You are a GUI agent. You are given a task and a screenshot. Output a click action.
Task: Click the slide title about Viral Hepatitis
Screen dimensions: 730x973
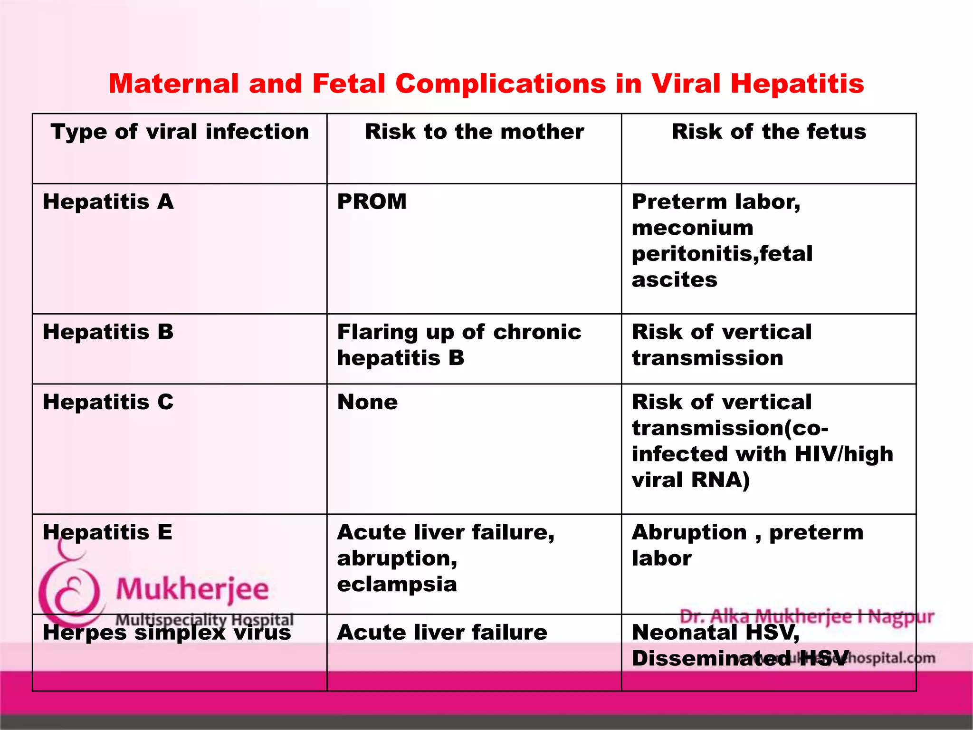click(x=486, y=84)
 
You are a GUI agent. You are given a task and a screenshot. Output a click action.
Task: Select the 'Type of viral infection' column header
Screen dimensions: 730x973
click(x=180, y=132)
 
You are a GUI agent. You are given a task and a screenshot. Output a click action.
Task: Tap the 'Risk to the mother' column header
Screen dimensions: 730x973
click(x=474, y=132)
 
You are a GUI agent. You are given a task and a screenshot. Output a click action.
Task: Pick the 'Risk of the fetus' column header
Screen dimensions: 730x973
click(x=769, y=132)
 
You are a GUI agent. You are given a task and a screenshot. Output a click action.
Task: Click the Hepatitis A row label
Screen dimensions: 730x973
click(x=108, y=202)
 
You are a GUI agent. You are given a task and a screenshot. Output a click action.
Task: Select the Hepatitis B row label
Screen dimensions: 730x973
click(x=108, y=332)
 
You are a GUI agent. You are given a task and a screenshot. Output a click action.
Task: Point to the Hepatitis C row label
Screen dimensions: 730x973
click(x=108, y=402)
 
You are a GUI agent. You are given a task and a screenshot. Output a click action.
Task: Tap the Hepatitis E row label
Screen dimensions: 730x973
click(x=108, y=532)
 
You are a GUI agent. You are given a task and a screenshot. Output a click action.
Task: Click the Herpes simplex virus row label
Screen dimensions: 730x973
click(x=167, y=633)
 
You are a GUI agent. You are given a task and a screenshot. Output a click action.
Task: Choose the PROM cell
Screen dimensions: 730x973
click(x=372, y=202)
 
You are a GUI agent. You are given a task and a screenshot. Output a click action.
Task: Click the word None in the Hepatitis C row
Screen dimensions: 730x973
click(x=367, y=402)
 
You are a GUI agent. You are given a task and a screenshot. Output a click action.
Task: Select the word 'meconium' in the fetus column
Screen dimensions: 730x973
click(x=692, y=228)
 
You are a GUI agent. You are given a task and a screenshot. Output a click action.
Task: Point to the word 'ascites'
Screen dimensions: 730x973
click(x=675, y=280)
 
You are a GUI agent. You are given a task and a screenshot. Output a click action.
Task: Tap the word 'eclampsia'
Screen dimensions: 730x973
click(x=397, y=584)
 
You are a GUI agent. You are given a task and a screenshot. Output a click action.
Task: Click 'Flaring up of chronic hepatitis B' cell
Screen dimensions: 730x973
click(x=459, y=345)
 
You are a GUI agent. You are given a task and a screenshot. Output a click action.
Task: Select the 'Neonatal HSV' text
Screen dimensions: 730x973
click(x=715, y=633)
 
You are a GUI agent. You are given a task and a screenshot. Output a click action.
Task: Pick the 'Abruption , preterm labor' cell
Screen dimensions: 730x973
click(x=747, y=545)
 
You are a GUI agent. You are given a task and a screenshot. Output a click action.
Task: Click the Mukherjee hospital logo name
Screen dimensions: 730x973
click(x=192, y=589)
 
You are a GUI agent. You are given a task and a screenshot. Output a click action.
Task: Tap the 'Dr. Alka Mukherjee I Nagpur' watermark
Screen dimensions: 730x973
click(x=807, y=616)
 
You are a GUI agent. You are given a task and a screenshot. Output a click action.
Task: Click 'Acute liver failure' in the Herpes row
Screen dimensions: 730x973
click(x=442, y=633)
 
